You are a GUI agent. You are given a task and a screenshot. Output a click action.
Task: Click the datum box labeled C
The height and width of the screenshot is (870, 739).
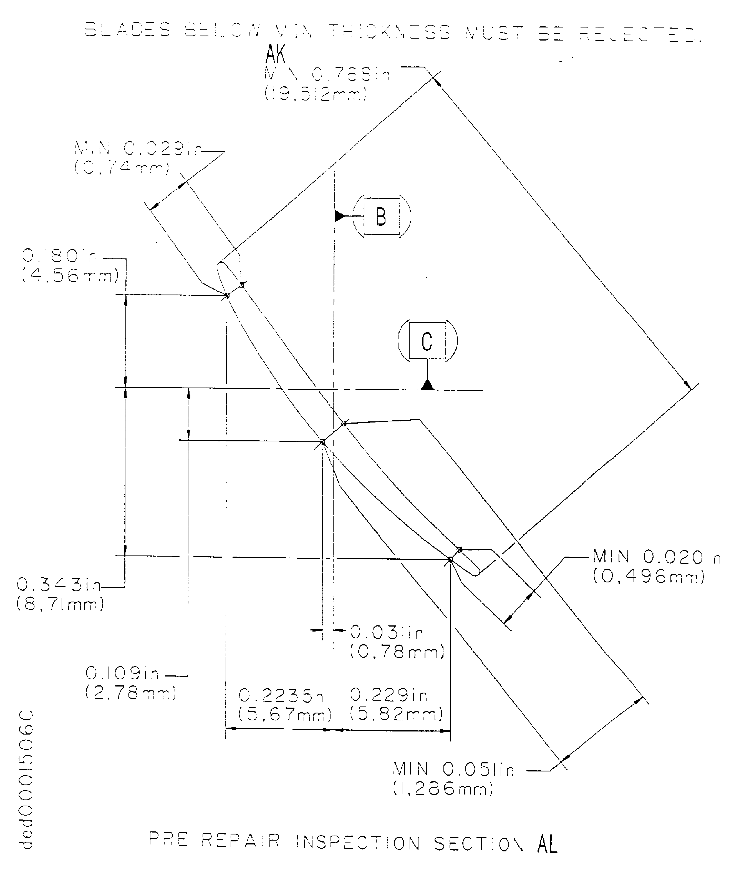427,341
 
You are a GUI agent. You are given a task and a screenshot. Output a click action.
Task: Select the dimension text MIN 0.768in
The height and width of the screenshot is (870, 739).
327,75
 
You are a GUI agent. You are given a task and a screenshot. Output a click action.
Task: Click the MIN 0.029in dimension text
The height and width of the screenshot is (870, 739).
138,148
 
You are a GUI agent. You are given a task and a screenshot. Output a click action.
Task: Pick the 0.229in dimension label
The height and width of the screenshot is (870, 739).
388,695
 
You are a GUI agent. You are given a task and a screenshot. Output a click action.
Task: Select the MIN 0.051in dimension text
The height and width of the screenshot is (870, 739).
453,770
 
